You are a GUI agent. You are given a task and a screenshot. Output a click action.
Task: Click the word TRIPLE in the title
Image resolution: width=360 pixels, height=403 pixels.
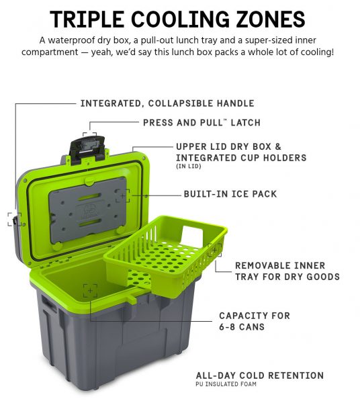click(87, 19)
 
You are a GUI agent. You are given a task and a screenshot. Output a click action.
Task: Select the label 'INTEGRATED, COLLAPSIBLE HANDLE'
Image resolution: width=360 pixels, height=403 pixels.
click(167, 103)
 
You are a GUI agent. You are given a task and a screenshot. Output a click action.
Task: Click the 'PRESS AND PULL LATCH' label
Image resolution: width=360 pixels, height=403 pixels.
click(201, 123)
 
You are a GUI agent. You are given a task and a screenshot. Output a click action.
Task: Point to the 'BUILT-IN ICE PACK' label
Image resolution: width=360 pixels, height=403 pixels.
click(230, 194)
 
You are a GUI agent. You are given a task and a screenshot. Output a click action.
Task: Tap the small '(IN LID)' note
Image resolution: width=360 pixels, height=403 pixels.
click(189, 167)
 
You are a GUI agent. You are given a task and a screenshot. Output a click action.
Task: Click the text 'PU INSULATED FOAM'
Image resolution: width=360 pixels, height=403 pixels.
click(226, 384)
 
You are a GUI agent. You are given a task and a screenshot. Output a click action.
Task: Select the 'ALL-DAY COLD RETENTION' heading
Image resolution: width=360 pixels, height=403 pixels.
click(259, 375)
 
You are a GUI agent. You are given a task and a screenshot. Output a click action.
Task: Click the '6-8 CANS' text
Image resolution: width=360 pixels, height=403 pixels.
click(242, 327)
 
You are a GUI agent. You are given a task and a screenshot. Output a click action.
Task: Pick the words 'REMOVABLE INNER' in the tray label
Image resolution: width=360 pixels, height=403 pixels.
click(280, 265)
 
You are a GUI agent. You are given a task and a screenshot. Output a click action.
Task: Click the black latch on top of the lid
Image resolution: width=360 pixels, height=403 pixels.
click(87, 148)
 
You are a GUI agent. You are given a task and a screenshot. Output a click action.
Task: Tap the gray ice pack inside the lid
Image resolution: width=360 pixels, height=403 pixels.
click(87, 210)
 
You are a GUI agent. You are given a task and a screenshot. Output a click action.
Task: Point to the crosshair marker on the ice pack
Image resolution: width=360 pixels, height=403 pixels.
click(122, 196)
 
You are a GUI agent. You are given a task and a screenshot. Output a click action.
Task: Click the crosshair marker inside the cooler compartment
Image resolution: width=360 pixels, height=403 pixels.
click(90, 291)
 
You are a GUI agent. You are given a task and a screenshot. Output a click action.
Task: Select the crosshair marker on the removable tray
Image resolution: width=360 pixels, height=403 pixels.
click(214, 250)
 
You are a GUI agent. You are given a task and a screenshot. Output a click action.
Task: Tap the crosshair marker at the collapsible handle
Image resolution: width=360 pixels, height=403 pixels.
click(15, 220)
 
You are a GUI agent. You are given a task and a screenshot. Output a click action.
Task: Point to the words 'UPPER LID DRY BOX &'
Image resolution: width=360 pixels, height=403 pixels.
click(228, 146)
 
